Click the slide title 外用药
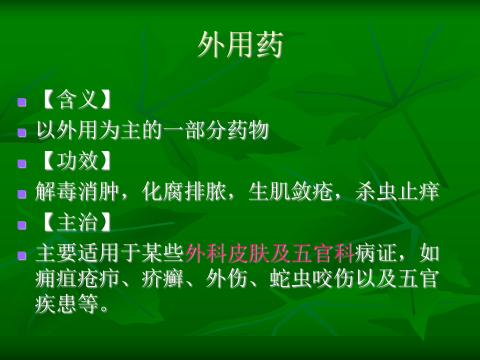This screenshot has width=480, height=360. click(x=240, y=45)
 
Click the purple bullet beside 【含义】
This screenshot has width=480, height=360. click(x=21, y=101)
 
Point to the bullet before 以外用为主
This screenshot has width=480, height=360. click(x=21, y=132)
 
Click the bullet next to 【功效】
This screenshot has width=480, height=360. click(x=21, y=163)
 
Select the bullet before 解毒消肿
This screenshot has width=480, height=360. click(x=21, y=194)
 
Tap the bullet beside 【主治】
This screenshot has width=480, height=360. click(x=21, y=224)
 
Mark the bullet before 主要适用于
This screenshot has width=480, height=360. click(x=21, y=255)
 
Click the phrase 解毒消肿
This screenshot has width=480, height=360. click(x=77, y=191)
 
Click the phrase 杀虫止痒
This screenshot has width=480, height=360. click(x=397, y=191)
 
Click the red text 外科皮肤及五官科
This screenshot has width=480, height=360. click(x=269, y=253)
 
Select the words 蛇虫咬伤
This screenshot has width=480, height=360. click(x=312, y=278)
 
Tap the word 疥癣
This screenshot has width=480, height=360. click(x=163, y=278)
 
